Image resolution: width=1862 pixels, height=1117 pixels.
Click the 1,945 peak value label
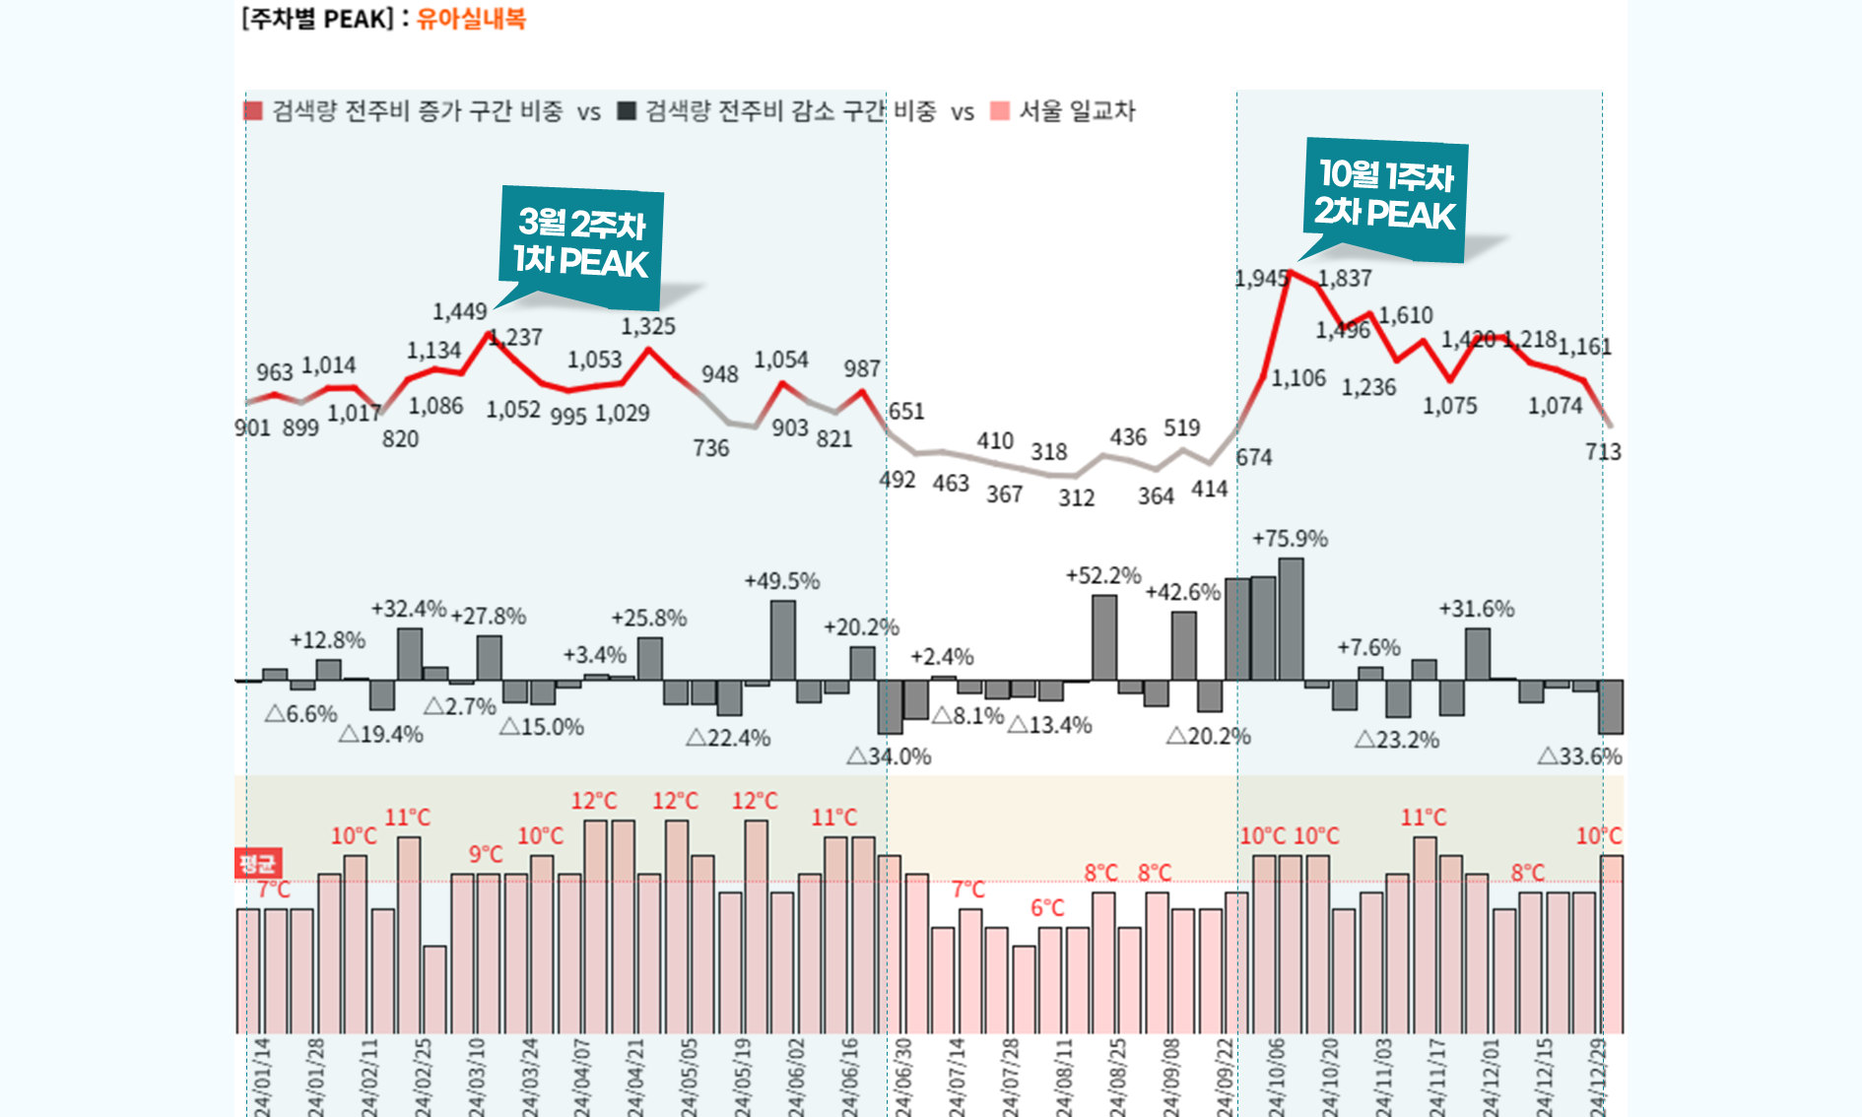tap(1261, 279)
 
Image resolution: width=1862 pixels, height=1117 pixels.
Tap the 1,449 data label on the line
tap(460, 312)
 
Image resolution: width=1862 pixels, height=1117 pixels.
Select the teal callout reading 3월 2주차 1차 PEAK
tap(581, 244)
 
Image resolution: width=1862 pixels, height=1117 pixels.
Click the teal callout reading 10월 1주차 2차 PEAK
tap(1385, 197)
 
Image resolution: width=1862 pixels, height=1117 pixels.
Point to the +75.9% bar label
tap(1290, 539)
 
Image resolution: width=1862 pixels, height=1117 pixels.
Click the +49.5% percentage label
tap(782, 581)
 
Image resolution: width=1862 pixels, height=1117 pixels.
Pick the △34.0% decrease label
tap(889, 756)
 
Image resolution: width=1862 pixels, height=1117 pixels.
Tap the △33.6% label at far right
tap(1579, 756)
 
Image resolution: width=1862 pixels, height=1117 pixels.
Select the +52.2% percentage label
tap(1103, 575)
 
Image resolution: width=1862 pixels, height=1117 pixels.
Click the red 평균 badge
tap(258, 864)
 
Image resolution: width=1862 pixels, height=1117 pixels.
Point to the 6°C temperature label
tap(1047, 908)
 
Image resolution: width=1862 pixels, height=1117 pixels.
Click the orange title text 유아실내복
tap(471, 19)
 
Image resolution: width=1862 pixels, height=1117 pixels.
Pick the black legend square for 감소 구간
tap(627, 110)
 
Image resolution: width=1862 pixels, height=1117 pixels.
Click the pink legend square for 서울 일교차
tap(1000, 110)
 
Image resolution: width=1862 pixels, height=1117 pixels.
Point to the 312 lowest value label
tap(1077, 498)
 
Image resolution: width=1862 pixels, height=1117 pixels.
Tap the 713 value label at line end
tap(1603, 452)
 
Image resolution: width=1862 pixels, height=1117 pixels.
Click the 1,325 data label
tap(648, 327)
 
